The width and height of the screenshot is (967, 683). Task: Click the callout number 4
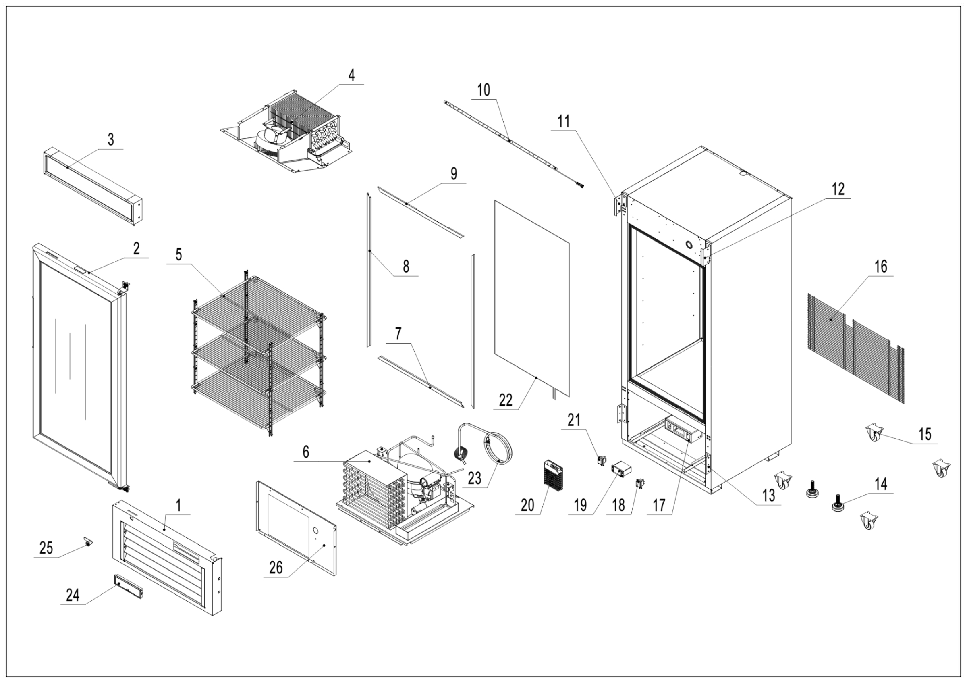351,75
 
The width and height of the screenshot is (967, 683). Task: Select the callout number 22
505,400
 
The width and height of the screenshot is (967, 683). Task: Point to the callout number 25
46,548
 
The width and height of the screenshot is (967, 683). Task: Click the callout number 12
838,189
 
